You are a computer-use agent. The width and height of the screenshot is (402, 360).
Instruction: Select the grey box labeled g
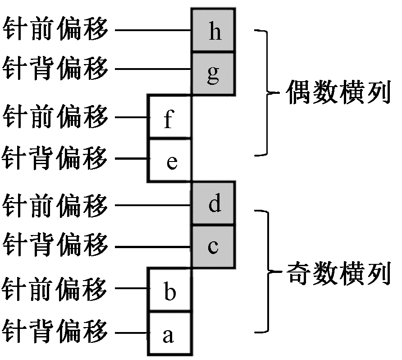pos(213,74)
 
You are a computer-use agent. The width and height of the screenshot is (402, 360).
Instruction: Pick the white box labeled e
pos(170,161)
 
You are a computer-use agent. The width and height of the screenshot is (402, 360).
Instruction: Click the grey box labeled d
pos(213,204)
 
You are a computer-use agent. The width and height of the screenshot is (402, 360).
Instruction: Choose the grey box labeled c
pos(213,246)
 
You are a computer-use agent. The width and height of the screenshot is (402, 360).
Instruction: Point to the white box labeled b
pos(170,290)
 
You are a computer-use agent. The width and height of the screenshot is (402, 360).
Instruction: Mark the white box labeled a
pos(170,333)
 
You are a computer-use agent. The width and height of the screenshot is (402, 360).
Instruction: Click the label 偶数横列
pos(338,94)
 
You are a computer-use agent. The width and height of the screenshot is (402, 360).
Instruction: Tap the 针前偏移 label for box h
pos(55,30)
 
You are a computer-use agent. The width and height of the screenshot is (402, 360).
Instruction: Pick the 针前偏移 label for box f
pos(55,117)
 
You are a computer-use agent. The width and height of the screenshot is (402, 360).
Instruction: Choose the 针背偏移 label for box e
pos(55,158)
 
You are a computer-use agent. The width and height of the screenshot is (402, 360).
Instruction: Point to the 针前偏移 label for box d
pos(55,206)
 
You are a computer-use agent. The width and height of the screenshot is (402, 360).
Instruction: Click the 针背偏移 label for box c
pos(55,246)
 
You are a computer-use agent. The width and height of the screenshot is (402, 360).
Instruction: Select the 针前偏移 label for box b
pos(55,289)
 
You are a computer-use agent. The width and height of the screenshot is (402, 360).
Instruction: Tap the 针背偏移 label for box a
pos(55,332)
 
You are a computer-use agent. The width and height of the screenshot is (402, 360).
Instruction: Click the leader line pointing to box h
pos(153,30)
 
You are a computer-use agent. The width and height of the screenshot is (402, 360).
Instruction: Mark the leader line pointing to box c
pos(153,247)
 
